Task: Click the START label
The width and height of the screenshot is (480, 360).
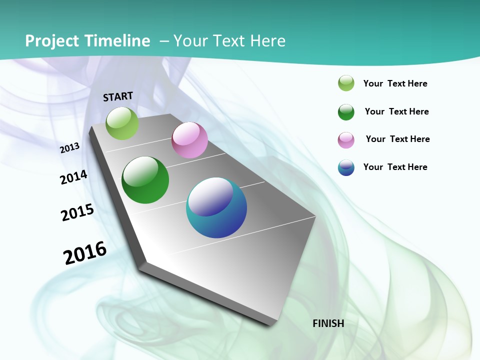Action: click(x=118, y=96)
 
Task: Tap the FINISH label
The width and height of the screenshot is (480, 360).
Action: click(x=328, y=323)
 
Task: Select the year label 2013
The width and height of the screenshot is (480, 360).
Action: click(x=70, y=147)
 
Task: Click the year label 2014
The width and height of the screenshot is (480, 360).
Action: click(x=74, y=177)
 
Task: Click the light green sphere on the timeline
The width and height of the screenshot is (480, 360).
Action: click(x=122, y=123)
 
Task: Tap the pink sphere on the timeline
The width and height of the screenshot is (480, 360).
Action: click(x=189, y=140)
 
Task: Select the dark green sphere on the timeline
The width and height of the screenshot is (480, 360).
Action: click(x=145, y=180)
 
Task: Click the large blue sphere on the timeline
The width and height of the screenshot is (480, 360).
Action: click(x=216, y=208)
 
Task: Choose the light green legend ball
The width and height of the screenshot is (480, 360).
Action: click(x=346, y=83)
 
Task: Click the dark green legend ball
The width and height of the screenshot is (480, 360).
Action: click(x=346, y=112)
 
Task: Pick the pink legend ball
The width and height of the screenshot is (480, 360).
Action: click(x=346, y=140)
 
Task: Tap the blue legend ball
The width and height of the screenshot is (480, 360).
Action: click(x=346, y=168)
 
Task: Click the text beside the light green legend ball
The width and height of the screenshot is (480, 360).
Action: click(x=395, y=83)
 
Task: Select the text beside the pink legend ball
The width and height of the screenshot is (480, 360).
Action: click(x=397, y=139)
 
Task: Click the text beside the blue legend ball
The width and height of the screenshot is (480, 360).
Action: click(x=395, y=167)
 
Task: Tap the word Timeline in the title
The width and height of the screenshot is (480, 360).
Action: click(x=118, y=41)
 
